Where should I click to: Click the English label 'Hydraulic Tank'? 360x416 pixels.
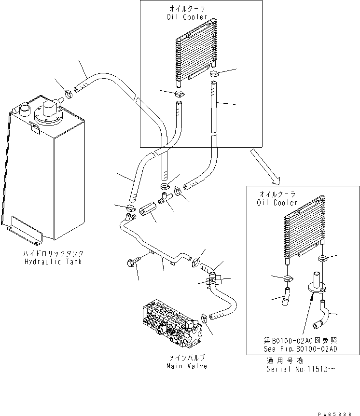click(x=53, y=262)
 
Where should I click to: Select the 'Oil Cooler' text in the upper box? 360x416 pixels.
click(x=186, y=17)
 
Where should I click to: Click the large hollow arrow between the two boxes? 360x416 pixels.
click(x=264, y=166)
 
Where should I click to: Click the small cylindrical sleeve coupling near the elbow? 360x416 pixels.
click(x=146, y=212)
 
